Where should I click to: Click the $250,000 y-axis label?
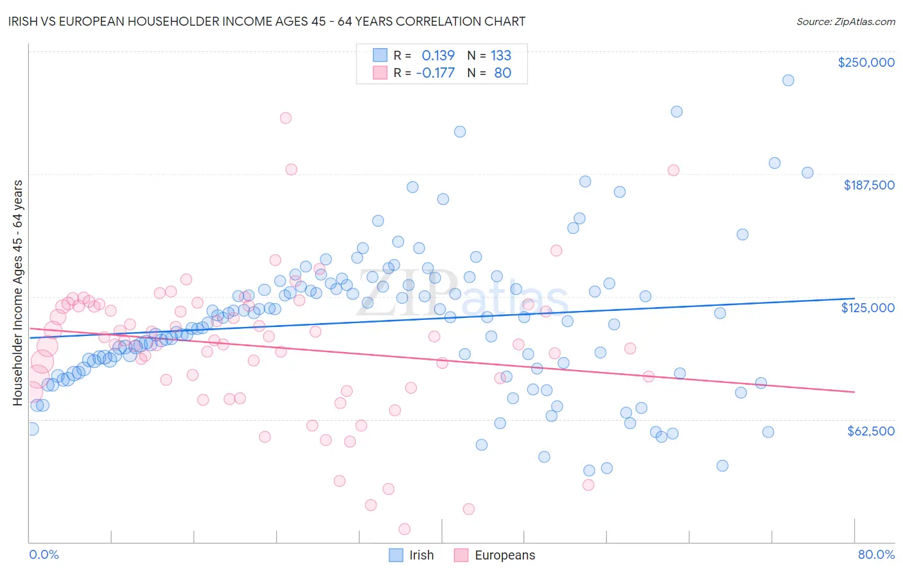point(866,62)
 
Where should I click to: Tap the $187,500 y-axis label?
point(868,185)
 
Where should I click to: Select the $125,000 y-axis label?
point(868,308)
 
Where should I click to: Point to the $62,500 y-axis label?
point(870,431)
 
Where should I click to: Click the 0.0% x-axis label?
point(44,554)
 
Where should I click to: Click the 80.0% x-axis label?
point(876,554)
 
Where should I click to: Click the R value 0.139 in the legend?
point(438,55)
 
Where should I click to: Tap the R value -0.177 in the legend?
point(435,73)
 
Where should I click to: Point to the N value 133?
point(501,55)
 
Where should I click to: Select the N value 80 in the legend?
point(502,73)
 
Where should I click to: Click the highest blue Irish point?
point(788,80)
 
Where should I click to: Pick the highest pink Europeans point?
point(286,118)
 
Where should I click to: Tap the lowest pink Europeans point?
point(405,529)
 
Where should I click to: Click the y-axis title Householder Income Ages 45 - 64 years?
point(18,293)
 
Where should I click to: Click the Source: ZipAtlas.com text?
point(845,21)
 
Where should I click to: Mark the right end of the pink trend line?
point(854,392)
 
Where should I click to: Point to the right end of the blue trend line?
point(854,298)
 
